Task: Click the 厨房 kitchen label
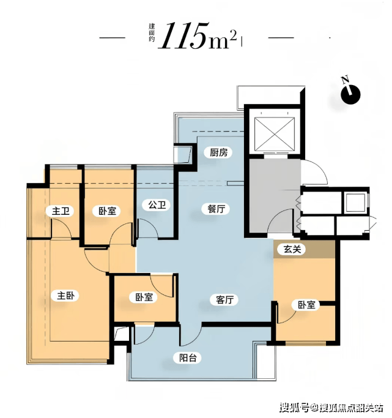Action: point(219,153)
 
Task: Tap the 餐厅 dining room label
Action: point(216,209)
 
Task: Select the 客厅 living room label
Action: point(225,300)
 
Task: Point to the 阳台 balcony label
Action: point(188,357)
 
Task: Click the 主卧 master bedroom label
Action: point(66,296)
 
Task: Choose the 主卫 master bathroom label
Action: point(61,211)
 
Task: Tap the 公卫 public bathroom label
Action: point(157,205)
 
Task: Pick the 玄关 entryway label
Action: point(292,249)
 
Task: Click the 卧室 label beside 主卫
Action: point(107,211)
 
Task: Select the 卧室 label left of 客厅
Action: point(144,297)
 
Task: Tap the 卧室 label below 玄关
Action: point(306,305)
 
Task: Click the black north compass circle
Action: point(350,95)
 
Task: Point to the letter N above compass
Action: point(346,80)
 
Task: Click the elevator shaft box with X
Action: point(275,133)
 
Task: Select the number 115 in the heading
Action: point(183,35)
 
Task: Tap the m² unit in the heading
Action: point(223,39)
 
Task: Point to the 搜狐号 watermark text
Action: point(294,408)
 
